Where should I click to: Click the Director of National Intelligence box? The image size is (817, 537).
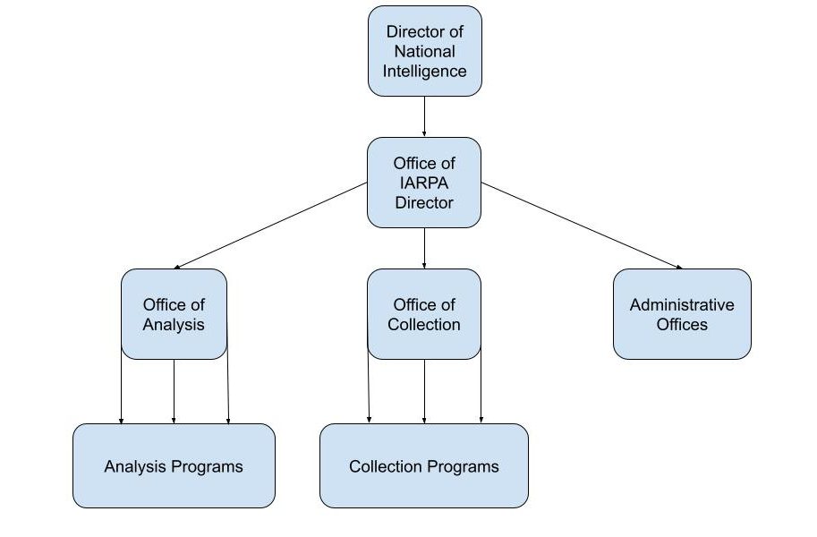tap(425, 51)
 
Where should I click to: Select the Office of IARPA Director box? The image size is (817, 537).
tap(424, 183)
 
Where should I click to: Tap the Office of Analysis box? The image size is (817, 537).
tap(174, 314)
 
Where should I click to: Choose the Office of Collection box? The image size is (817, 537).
tap(424, 314)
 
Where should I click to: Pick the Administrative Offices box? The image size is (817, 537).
tap(682, 314)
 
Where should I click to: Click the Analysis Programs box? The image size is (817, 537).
tap(174, 466)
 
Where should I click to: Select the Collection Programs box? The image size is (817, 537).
tap(424, 466)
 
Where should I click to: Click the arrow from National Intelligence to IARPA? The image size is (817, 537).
tap(424, 116)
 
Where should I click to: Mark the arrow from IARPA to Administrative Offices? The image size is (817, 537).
tap(582, 226)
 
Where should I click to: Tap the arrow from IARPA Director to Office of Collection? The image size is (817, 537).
tap(424, 249)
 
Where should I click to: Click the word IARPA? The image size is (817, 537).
tap(424, 183)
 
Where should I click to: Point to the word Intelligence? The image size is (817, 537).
tap(425, 71)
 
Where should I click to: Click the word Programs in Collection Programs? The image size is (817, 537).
tap(462, 466)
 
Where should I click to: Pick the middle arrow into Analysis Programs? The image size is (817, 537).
tap(174, 392)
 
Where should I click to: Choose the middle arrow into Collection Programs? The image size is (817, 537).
tap(424, 392)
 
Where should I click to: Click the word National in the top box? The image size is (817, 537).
tap(425, 51)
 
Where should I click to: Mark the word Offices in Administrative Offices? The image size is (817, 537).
tap(682, 324)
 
